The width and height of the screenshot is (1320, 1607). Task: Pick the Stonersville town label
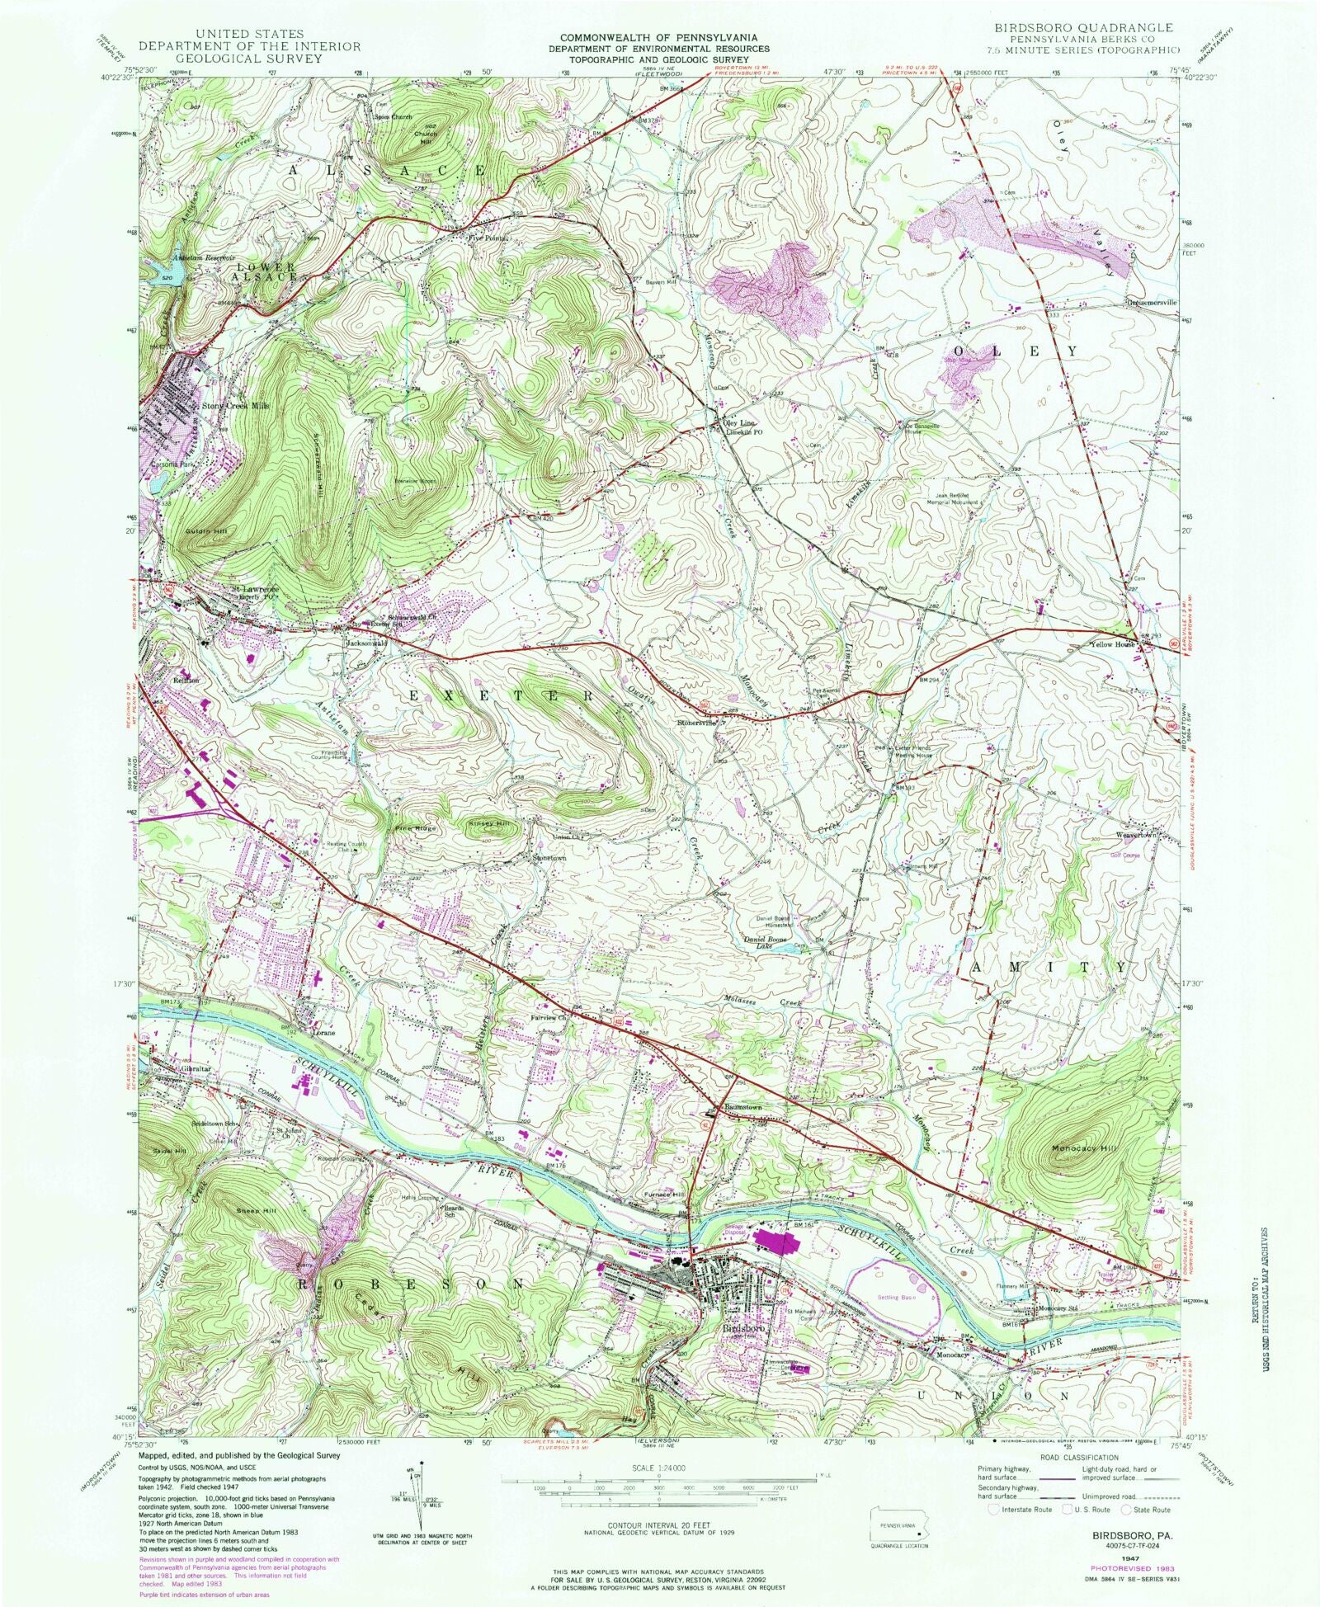697,723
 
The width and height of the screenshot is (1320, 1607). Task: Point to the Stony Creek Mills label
236,406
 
